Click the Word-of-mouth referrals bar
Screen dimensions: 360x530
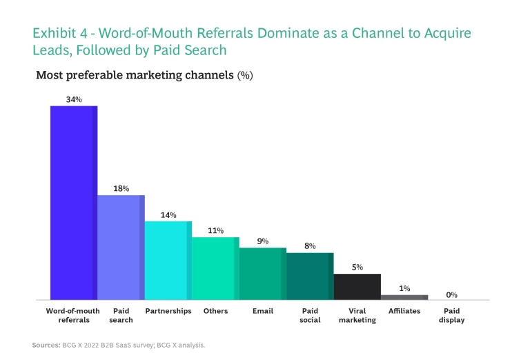tap(73, 203)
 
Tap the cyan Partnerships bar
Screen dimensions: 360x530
tap(168, 260)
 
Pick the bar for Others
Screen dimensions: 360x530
tap(215, 268)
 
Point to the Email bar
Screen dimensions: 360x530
tap(262, 274)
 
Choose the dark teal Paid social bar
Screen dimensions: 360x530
tap(310, 276)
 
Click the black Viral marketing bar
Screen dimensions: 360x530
tap(357, 286)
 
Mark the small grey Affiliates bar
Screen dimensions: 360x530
tap(404, 297)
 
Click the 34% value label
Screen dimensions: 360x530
tap(74, 99)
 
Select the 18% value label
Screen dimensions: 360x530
tap(121, 188)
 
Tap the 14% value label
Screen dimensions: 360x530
tap(168, 214)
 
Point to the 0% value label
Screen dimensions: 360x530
tap(451, 294)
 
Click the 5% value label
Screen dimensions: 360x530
tap(357, 267)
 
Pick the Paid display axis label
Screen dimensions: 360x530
tap(451, 315)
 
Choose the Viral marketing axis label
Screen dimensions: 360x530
tap(357, 315)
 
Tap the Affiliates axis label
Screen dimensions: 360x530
tap(404, 311)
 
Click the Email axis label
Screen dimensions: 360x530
tap(262, 311)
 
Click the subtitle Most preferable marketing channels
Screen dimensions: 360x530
tap(135, 74)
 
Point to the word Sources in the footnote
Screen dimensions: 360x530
tap(46, 344)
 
